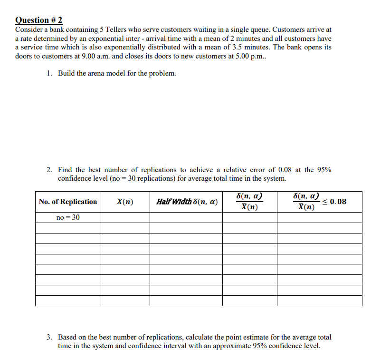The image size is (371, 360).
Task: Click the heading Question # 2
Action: tap(39, 20)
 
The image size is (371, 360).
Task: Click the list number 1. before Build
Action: tap(50, 73)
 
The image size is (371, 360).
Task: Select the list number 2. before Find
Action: tap(50, 170)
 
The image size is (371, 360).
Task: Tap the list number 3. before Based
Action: tap(50, 337)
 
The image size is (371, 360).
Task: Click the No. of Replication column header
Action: tap(68, 202)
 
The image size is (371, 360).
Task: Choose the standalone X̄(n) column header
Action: tap(125, 202)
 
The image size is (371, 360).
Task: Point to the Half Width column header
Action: tap(187, 202)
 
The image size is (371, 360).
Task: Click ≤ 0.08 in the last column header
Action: tap(335, 202)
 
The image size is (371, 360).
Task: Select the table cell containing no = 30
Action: tap(68, 217)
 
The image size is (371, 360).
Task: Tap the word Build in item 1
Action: tap(67, 73)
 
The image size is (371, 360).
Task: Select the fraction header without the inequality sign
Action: tap(250, 202)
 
